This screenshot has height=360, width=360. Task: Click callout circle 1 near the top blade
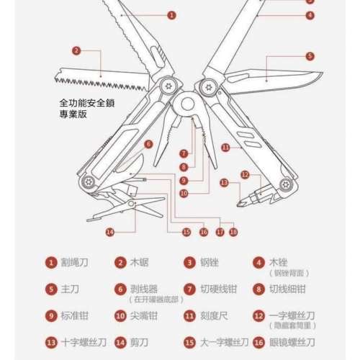pos(171,14)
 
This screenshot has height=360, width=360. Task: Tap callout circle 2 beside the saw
pos(76,50)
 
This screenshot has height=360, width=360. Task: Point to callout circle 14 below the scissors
pos(109,232)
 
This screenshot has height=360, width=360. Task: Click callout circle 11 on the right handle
pos(225,148)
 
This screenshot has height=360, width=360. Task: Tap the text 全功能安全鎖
pos(89,103)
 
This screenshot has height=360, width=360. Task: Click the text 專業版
pos(74,114)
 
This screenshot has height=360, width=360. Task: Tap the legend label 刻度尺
pos(212,315)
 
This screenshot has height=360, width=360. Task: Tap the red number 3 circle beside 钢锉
pos(189,264)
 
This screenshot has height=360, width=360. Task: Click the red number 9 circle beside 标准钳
pos(51,315)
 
